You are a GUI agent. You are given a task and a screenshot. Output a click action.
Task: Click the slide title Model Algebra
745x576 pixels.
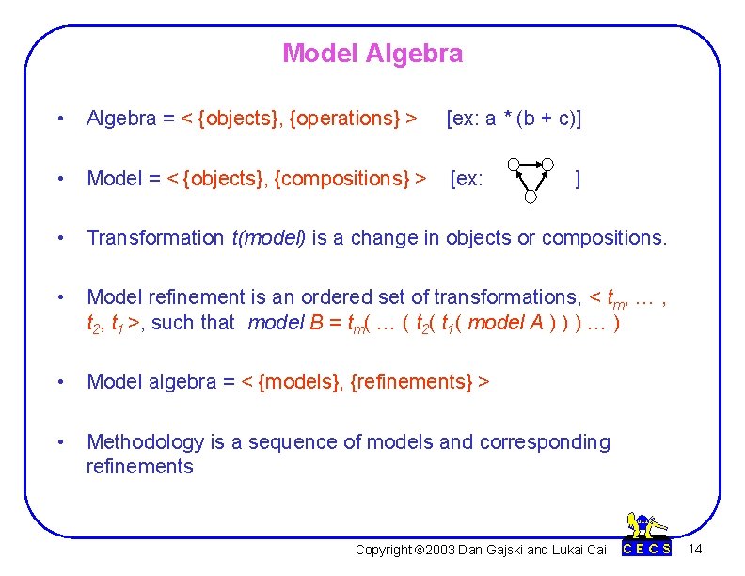click(372, 54)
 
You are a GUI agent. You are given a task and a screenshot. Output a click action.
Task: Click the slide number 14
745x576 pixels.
click(695, 549)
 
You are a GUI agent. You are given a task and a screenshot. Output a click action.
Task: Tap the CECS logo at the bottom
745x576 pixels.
click(648, 536)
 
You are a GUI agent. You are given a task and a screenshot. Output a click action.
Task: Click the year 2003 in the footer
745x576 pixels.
click(442, 550)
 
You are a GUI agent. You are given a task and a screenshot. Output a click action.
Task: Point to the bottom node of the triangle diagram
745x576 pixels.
click(531, 198)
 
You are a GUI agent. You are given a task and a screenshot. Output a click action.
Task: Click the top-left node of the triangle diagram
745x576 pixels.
click(513, 164)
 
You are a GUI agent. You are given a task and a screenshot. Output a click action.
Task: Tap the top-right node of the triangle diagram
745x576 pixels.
click(548, 164)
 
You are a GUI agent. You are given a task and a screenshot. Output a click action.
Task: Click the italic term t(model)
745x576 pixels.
click(268, 238)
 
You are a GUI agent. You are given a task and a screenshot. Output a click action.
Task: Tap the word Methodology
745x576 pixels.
click(145, 442)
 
